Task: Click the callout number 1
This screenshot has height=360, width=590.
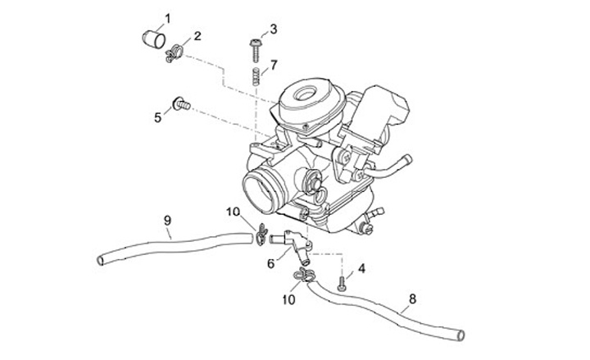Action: [167, 17]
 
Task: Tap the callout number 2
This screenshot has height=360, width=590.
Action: [197, 36]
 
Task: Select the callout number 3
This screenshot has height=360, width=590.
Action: [273, 29]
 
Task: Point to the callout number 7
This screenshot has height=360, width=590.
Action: [274, 64]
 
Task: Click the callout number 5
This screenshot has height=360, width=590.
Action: [157, 117]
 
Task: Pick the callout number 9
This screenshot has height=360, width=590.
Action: [167, 221]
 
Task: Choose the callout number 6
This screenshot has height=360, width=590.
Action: [270, 263]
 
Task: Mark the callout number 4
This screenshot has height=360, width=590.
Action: [361, 267]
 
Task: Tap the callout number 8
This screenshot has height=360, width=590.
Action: [411, 298]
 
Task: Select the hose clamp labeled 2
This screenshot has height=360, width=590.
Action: [174, 56]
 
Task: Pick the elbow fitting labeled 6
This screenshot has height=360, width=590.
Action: [296, 244]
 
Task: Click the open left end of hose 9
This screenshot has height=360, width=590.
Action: [101, 260]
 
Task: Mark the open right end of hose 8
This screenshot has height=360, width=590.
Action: [461, 335]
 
